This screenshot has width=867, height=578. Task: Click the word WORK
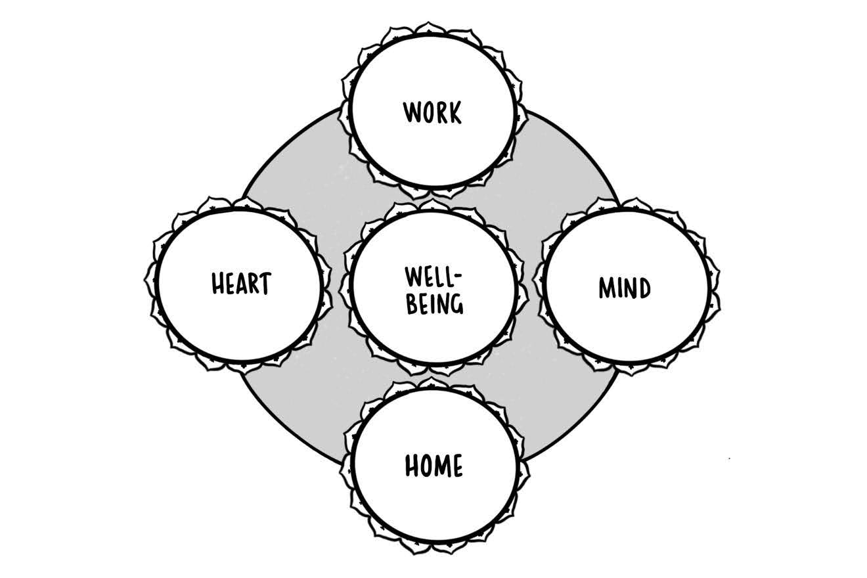(432, 112)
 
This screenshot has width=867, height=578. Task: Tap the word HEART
(240, 284)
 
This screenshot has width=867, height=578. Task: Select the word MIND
(624, 288)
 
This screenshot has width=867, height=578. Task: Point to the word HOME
(433, 466)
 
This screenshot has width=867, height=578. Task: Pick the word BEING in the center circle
(434, 304)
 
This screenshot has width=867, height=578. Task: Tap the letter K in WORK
(455, 112)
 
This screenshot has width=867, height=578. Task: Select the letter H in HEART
(217, 284)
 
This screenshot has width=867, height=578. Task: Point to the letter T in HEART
(264, 284)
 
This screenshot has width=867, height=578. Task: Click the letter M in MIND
(606, 288)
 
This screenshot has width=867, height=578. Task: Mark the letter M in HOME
(439, 466)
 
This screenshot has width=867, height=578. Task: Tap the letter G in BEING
(456, 305)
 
